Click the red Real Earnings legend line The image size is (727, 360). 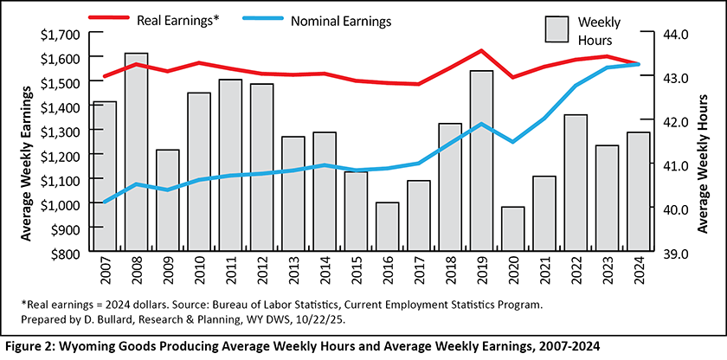109,18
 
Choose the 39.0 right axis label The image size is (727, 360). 649,254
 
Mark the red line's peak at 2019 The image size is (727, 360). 481,51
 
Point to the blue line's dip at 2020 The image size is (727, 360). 513,142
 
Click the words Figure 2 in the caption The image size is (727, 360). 29,347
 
